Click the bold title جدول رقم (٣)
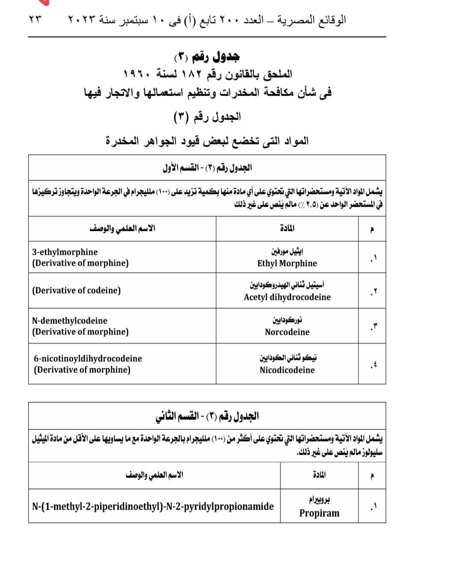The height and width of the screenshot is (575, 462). (x=207, y=56)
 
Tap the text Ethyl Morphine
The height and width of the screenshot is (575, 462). (x=287, y=263)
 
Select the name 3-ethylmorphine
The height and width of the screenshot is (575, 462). (x=65, y=252)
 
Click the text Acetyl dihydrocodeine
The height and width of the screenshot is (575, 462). (x=287, y=297)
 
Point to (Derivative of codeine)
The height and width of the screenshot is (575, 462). (x=76, y=290)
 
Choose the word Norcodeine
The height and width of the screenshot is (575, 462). (x=287, y=332)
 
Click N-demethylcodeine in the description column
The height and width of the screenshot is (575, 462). (x=69, y=320)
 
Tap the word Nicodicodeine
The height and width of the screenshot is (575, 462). (x=287, y=370)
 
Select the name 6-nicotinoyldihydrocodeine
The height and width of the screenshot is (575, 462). (x=88, y=358)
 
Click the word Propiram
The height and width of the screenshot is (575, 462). (x=319, y=513)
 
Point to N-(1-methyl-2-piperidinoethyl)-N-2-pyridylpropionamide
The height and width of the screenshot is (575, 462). (x=153, y=506)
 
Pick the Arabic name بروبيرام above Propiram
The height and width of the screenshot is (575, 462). (x=319, y=500)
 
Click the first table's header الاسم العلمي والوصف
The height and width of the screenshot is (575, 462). (x=122, y=228)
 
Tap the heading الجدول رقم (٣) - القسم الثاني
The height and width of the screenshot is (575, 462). (x=207, y=416)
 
